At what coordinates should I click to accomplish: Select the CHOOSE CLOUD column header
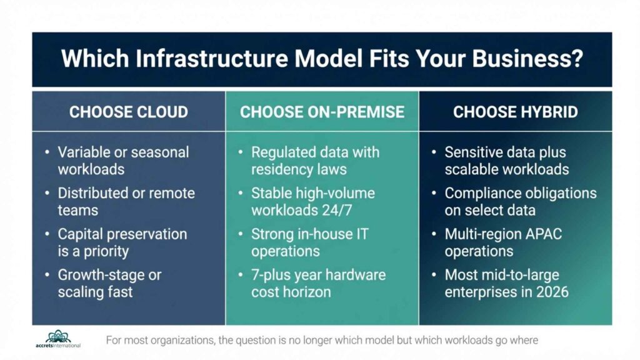(128, 112)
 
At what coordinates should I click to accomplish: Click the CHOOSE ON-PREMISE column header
(322, 112)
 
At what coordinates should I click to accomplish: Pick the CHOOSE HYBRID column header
(515, 112)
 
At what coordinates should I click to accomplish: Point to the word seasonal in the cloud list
(161, 152)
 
